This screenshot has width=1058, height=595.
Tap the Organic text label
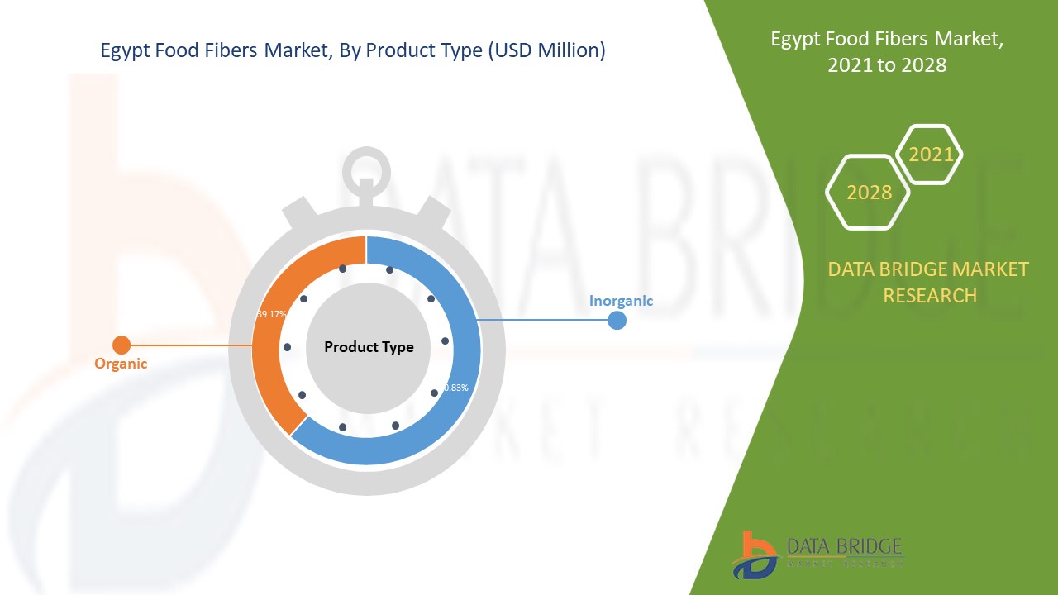click(121, 364)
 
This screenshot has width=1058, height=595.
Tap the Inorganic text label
click(621, 301)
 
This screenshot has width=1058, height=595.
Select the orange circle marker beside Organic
click(122, 345)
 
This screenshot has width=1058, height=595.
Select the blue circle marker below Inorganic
click(617, 320)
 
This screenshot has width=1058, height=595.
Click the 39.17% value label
click(270, 315)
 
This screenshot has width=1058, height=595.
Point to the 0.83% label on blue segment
click(455, 388)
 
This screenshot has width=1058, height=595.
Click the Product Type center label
click(369, 347)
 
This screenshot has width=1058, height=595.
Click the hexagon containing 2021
click(930, 155)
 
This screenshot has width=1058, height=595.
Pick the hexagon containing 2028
click(868, 193)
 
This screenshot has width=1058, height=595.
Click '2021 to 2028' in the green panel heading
click(887, 65)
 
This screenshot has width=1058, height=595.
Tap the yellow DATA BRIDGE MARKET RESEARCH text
click(929, 282)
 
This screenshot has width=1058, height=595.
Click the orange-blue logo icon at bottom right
click(755, 554)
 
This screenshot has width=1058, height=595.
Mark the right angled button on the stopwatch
click(432, 217)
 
